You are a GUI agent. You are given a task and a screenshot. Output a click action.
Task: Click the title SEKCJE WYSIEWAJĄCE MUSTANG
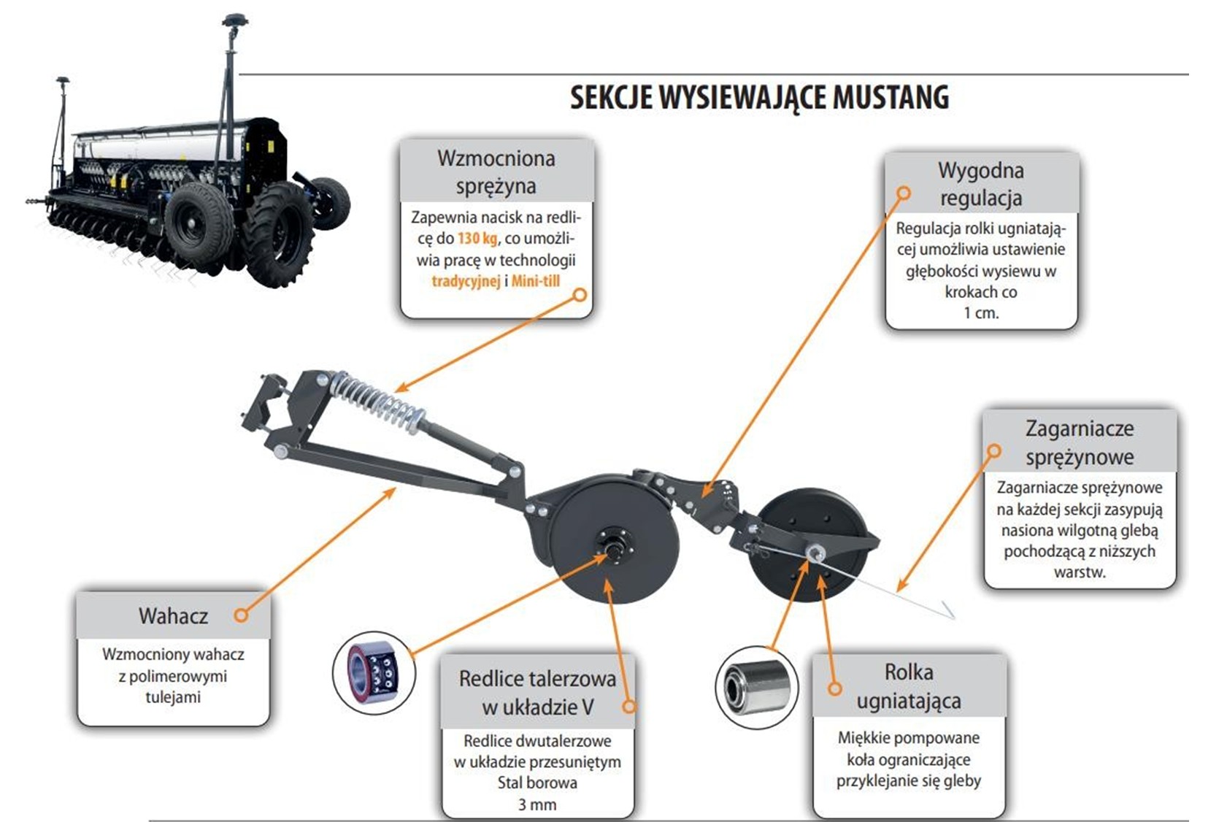pyautogui.click(x=760, y=98)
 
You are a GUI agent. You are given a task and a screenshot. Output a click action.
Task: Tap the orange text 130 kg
pyautogui.click(x=477, y=239)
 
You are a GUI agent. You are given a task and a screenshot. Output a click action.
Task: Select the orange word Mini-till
pyautogui.click(x=536, y=282)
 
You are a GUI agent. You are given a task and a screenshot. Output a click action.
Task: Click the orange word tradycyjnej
pyautogui.click(x=466, y=282)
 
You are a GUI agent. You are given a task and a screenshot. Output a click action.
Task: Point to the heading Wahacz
pyautogui.click(x=173, y=615)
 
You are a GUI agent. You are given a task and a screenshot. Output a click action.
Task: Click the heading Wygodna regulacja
pyautogui.click(x=980, y=184)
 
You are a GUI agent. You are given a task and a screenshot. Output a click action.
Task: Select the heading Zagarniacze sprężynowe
pyautogui.click(x=1080, y=442)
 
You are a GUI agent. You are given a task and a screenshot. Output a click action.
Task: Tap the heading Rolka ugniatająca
pyautogui.click(x=909, y=686)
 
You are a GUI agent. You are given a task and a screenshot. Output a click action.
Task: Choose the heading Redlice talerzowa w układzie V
pyautogui.click(x=538, y=693)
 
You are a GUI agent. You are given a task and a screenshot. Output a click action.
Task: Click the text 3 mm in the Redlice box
pyautogui.click(x=537, y=804)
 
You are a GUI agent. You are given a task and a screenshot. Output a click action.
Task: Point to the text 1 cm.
pyautogui.click(x=981, y=313)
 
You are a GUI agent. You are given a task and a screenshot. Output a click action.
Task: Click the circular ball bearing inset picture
pyautogui.click(x=373, y=672)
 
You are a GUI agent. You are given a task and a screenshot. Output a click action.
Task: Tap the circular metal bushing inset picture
pyautogui.click(x=756, y=688)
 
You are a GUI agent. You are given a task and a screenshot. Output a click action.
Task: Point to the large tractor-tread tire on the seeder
pyautogui.click(x=278, y=234)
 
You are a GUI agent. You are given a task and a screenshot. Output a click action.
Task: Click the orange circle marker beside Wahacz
pyautogui.click(x=241, y=615)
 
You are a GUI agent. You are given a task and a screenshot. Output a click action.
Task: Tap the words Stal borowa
pyautogui.click(x=537, y=783)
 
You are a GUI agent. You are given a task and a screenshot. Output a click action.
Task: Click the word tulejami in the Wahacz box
pyautogui.click(x=173, y=697)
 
